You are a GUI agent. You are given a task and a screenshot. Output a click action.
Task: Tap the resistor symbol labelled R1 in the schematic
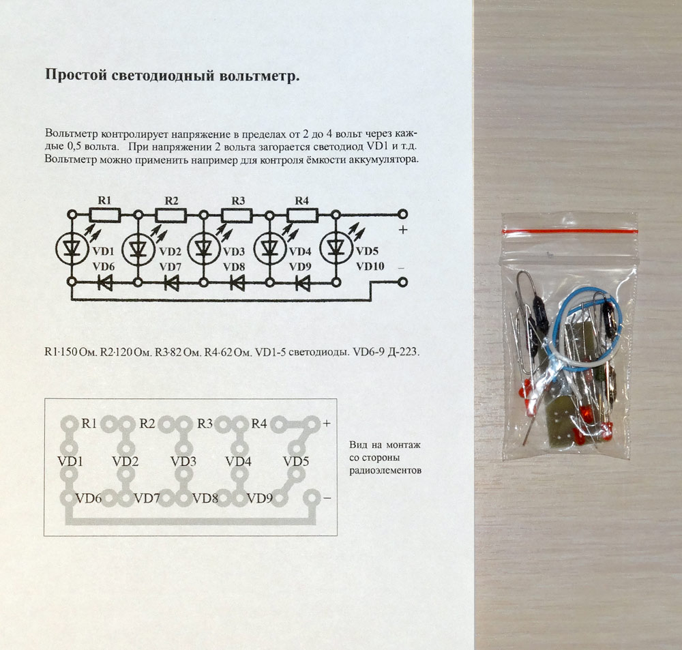point(105,215)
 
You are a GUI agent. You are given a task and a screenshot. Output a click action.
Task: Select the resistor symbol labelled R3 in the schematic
point(237,215)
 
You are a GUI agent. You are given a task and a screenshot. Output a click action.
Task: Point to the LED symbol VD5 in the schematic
point(336,248)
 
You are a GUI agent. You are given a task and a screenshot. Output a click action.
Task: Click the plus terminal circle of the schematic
point(403,214)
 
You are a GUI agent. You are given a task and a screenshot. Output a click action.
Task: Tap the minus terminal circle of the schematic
point(403,282)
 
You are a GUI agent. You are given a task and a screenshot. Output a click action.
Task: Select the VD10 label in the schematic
point(370,266)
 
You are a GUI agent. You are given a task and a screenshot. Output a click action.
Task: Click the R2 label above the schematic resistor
point(171,201)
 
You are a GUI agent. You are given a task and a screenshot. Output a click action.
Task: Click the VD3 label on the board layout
point(183,461)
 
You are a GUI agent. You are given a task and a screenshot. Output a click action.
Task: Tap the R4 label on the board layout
point(258,424)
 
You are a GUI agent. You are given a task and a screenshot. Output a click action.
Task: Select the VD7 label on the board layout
point(147,498)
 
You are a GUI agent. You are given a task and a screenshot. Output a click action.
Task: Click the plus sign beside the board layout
point(327,423)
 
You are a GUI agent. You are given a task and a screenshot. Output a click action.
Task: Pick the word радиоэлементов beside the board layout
point(385,471)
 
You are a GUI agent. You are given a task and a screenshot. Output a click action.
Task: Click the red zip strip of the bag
point(569,231)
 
